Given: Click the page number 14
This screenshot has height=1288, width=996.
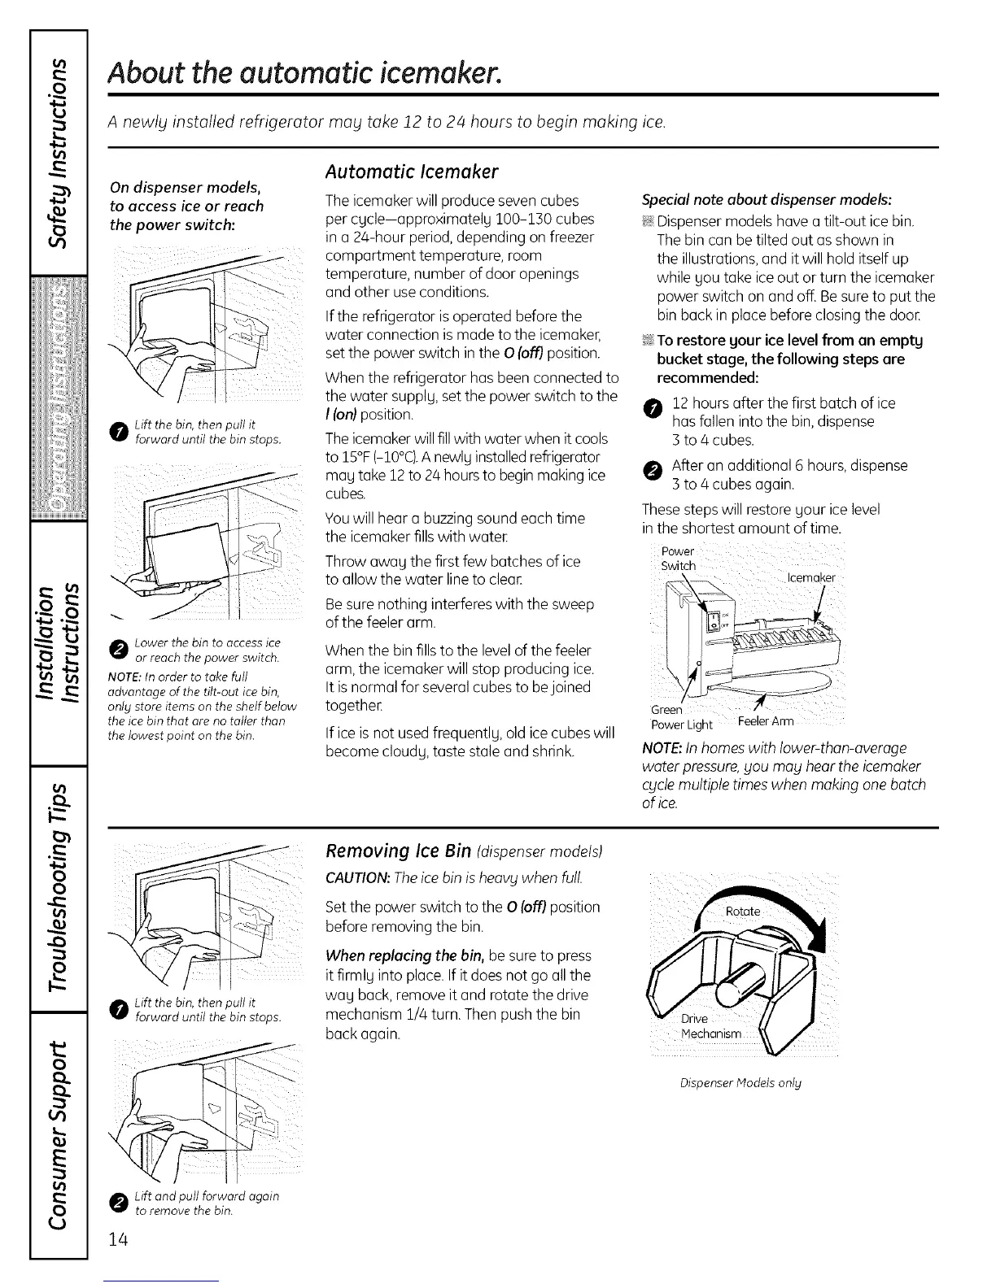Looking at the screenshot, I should (118, 1240).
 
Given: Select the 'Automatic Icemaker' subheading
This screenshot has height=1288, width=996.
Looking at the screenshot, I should (411, 172).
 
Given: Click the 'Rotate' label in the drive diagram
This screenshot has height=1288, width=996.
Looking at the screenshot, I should (743, 912).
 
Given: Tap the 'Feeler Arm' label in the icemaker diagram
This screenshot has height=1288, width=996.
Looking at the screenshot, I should (765, 722).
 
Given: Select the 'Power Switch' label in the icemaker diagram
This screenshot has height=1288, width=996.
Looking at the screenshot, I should (679, 559).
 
